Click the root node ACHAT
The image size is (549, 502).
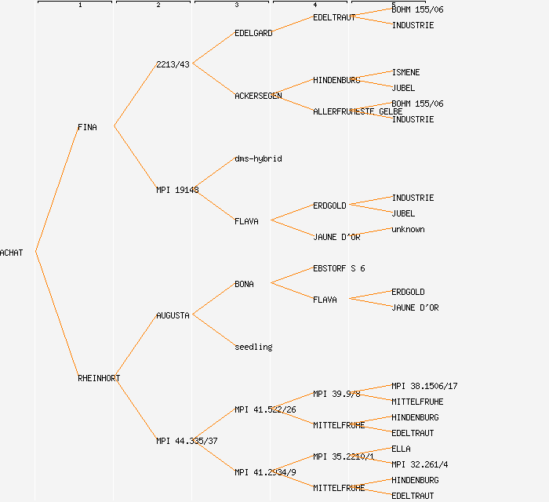pos(12,253)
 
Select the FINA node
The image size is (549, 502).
pos(87,127)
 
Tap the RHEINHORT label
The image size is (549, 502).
pos(99,378)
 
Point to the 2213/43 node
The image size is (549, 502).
pos(173,64)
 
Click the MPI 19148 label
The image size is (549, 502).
pos(177,190)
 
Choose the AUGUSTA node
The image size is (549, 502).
pos(173,315)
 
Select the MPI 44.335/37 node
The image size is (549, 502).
pos(187,441)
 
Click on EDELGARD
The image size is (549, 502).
pos(253,33)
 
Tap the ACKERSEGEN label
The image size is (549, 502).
pos(258,96)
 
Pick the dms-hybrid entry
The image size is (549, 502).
pos(258,158)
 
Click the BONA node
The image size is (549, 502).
pos(244,284)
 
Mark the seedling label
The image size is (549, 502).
pos(253,347)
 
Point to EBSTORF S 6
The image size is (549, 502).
pos(339,268)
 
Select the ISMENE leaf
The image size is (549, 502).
pos(405,72)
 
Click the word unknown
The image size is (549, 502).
pos(408,229)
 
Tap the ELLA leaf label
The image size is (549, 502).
pos(401,449)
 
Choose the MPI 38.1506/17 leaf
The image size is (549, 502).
pos(424,386)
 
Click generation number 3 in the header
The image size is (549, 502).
pos(236,5)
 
